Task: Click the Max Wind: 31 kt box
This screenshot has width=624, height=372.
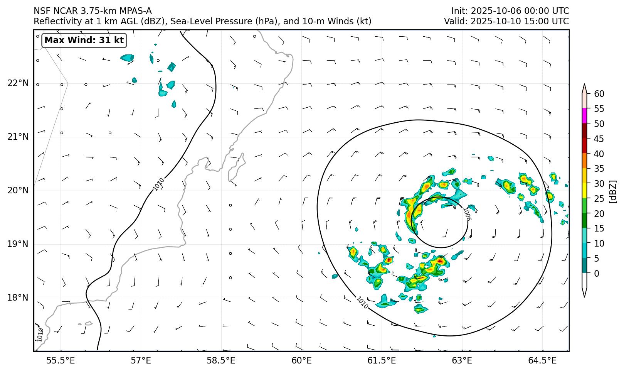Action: (x=84, y=40)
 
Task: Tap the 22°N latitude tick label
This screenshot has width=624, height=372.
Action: (x=18, y=83)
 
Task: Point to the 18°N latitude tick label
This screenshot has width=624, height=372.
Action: (x=18, y=298)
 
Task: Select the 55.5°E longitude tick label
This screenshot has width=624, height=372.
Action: (x=61, y=361)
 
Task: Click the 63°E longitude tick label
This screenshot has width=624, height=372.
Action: (x=462, y=361)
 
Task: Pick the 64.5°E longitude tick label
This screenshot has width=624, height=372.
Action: (x=542, y=361)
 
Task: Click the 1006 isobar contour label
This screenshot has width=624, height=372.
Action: (x=466, y=214)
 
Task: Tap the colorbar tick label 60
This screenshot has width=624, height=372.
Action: (x=599, y=94)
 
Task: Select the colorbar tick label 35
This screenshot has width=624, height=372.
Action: (x=599, y=169)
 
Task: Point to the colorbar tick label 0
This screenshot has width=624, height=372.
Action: (x=597, y=274)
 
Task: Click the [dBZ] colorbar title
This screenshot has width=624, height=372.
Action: (x=613, y=191)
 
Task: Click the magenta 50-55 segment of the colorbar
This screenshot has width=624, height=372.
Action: (x=584, y=116)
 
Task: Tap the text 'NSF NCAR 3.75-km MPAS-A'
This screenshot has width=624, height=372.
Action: (x=93, y=11)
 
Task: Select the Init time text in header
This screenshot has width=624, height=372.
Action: (x=510, y=11)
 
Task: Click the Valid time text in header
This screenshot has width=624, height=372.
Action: (x=506, y=21)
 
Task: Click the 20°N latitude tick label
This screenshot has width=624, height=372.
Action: (x=18, y=190)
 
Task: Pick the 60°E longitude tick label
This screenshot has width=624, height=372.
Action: (x=301, y=361)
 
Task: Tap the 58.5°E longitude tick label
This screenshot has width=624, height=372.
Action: (x=221, y=361)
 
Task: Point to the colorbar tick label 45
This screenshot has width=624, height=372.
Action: (x=599, y=139)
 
